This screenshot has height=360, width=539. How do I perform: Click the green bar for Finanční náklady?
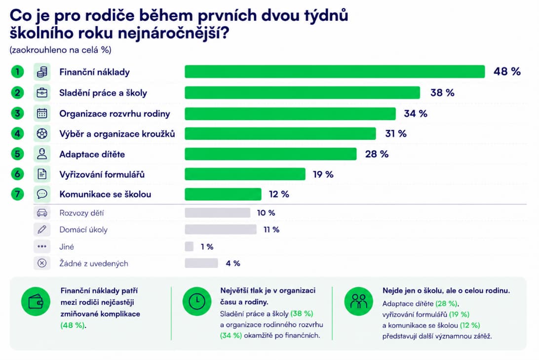coord(335,72)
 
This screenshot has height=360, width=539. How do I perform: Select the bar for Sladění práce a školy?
coord(302,93)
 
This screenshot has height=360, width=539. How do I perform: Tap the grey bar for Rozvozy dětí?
coord(217,213)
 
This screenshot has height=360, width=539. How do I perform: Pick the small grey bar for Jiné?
coord(189,246)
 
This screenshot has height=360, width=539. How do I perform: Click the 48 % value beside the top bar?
coord(507,72)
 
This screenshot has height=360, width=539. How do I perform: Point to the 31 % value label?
coord(396,133)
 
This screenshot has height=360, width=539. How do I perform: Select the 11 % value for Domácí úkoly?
coord(271,229)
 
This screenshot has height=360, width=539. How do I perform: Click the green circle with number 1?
coord(18,72)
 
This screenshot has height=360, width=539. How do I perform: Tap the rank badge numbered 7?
coord(18,194)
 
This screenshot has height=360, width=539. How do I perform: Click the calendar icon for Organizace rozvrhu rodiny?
coord(42,114)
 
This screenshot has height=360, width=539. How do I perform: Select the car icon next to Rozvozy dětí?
coord(42,213)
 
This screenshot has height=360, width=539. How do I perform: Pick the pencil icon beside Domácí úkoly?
coord(42,229)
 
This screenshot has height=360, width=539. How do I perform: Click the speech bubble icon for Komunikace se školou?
coord(42,194)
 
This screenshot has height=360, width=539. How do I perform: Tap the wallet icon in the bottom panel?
coord(36,302)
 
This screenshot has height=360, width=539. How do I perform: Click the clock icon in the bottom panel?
coord(197,301)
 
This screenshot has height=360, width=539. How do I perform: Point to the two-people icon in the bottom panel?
coord(358,301)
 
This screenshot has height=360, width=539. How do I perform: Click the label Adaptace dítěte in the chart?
coord(92,155)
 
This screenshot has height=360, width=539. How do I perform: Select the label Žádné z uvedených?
coord(93,263)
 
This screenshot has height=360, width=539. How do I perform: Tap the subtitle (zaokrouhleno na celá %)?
coord(61,50)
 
